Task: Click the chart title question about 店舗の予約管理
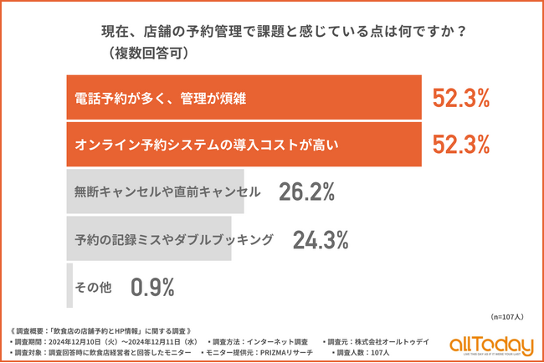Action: coord(284,33)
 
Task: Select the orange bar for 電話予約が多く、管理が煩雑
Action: coord(243,99)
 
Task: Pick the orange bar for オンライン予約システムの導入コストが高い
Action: coord(243,145)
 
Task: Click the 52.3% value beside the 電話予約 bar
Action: coord(460,99)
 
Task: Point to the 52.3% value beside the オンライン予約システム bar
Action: coord(460,145)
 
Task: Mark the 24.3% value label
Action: coord(320,240)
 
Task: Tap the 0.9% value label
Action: coord(152,287)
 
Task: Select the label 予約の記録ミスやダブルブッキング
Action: coord(173,240)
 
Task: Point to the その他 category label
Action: coord(95,287)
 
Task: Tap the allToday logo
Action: coord(490,345)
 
